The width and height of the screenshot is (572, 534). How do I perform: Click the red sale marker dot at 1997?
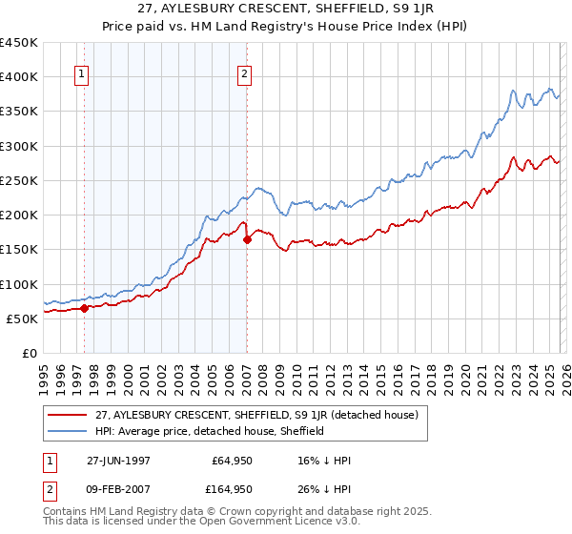pyautogui.click(x=85, y=308)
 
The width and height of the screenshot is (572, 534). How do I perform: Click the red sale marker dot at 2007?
pyautogui.click(x=247, y=239)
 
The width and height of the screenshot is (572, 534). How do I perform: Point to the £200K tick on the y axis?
pyautogui.click(x=19, y=216)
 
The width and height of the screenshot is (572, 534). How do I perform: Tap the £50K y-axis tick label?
pyautogui.click(x=22, y=318)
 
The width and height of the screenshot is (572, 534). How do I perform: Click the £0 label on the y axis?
pyautogui.click(x=30, y=354)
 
